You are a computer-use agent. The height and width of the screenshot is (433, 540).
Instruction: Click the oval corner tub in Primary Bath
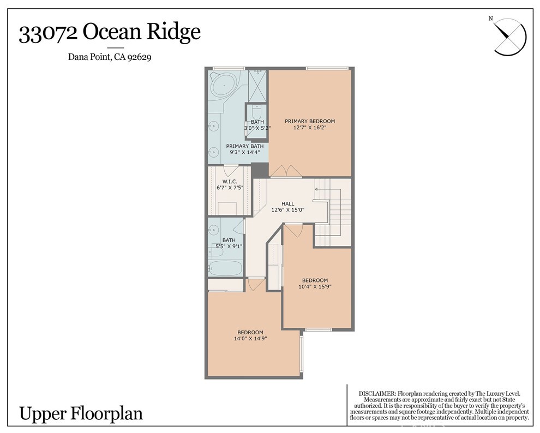(x=224, y=86)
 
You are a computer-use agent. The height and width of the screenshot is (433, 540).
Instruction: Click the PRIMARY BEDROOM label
(x=310, y=121)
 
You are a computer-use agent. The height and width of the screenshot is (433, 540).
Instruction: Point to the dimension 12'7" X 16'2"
(x=310, y=128)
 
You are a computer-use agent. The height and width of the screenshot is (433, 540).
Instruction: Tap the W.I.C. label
(x=229, y=182)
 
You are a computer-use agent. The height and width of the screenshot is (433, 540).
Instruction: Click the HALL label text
(x=288, y=203)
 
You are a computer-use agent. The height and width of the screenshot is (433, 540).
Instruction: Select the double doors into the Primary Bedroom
(x=286, y=172)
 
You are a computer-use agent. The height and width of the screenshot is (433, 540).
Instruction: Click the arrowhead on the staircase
(x=316, y=189)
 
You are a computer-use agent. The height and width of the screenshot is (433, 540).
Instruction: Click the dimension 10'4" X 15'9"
(x=315, y=286)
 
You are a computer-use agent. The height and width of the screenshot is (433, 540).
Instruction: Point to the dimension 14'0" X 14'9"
(x=250, y=339)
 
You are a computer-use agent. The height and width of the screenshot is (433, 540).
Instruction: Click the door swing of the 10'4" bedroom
(x=293, y=231)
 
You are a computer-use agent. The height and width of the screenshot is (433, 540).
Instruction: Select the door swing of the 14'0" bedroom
(x=254, y=284)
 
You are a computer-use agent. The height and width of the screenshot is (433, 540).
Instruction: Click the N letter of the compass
(x=491, y=19)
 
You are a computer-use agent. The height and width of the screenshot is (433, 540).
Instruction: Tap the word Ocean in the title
(x=113, y=33)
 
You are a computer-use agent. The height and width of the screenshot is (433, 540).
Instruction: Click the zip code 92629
(x=139, y=56)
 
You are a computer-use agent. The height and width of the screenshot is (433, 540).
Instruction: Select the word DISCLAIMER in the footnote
(x=377, y=394)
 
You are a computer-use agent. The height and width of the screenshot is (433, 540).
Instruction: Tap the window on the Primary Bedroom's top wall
(x=327, y=68)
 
